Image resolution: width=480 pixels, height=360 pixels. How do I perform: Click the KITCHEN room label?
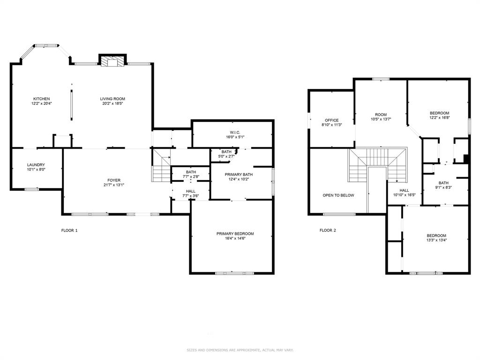click(x=42, y=99)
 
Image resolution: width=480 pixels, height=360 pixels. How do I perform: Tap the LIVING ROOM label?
click(x=112, y=99)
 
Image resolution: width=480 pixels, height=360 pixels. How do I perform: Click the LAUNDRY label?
click(x=36, y=165)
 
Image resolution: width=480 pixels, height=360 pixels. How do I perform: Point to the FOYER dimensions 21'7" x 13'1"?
click(x=113, y=185)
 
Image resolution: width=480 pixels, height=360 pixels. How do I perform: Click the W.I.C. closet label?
click(x=235, y=133)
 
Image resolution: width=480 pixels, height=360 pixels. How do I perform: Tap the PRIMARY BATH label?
click(x=239, y=174)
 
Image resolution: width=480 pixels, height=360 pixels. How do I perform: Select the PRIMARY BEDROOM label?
click(x=235, y=233)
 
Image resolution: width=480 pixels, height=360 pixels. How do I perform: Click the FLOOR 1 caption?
click(x=69, y=230)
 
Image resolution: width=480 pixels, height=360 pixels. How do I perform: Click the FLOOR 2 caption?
click(x=328, y=230)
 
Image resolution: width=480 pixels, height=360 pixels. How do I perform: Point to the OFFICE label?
click(x=332, y=120)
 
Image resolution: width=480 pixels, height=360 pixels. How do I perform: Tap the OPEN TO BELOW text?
click(x=338, y=195)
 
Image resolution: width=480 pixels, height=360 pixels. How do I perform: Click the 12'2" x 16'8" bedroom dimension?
click(x=440, y=118)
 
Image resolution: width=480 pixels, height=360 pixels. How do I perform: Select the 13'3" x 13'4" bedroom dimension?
click(x=436, y=240)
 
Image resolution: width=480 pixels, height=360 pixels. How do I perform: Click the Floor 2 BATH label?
click(x=443, y=183)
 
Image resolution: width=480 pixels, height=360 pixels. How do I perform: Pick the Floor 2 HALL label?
click(x=404, y=190)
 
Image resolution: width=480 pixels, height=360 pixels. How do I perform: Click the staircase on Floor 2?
click(x=378, y=165)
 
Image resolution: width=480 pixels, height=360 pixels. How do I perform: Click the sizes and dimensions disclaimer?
click(x=240, y=350)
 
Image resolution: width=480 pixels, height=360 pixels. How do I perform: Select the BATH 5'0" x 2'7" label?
click(x=226, y=154)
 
